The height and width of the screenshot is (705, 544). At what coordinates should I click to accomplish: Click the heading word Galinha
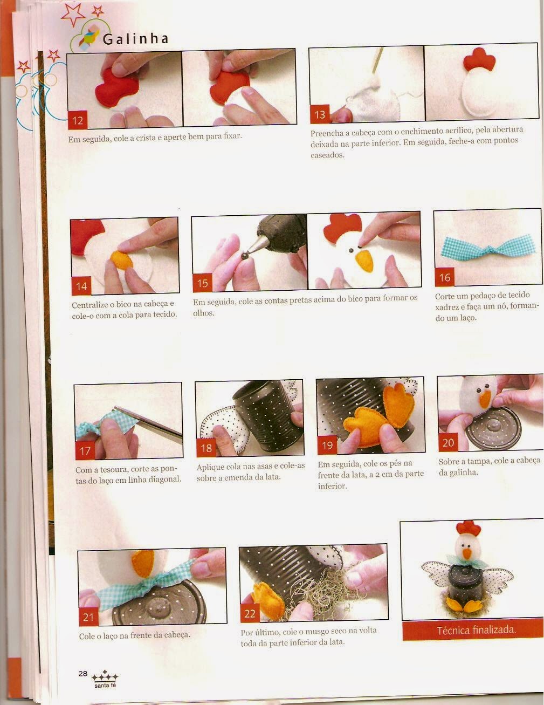click(x=135, y=39)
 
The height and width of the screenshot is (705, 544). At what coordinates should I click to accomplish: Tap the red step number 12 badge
click(x=78, y=120)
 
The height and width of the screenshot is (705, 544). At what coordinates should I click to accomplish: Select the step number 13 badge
click(x=320, y=114)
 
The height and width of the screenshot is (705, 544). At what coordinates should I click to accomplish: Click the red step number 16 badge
click(x=444, y=277)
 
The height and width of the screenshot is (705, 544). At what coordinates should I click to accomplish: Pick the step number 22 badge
click(x=250, y=613)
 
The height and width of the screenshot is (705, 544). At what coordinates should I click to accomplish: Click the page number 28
click(x=82, y=673)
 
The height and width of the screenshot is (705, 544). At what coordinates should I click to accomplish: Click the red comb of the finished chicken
click(x=468, y=528)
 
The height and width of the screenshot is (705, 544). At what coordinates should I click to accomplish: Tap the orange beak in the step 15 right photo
click(x=364, y=261)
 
